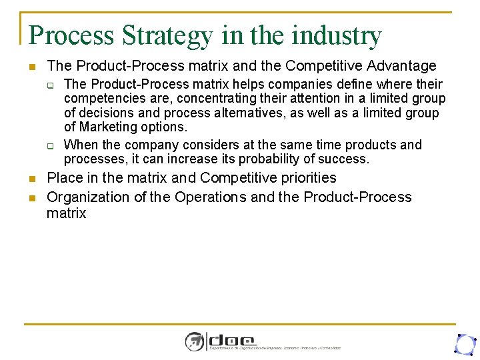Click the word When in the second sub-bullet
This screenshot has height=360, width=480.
tap(79, 145)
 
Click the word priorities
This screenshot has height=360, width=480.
tap(305, 178)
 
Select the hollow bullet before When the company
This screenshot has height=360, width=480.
tap(49, 145)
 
